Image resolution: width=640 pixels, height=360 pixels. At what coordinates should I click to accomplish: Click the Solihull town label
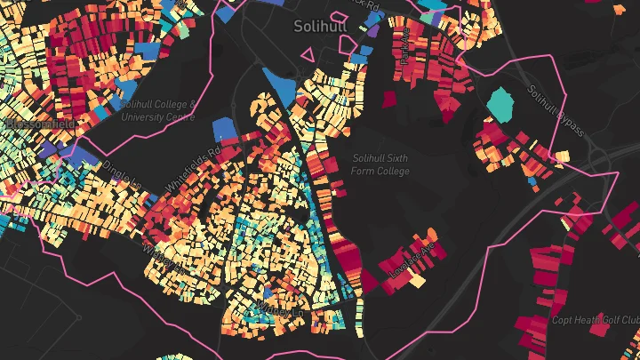(319, 27)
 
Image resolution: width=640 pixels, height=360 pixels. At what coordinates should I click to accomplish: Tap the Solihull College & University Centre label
(156, 110)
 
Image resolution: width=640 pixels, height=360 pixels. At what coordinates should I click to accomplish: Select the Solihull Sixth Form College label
(380, 164)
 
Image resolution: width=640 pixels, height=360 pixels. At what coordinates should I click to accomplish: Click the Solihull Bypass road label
(555, 110)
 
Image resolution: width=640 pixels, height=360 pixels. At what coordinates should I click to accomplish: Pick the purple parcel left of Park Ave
(373, 30)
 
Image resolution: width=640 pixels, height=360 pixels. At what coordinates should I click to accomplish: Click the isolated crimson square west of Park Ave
(388, 98)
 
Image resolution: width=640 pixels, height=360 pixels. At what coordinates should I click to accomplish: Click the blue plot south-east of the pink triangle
(360, 59)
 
